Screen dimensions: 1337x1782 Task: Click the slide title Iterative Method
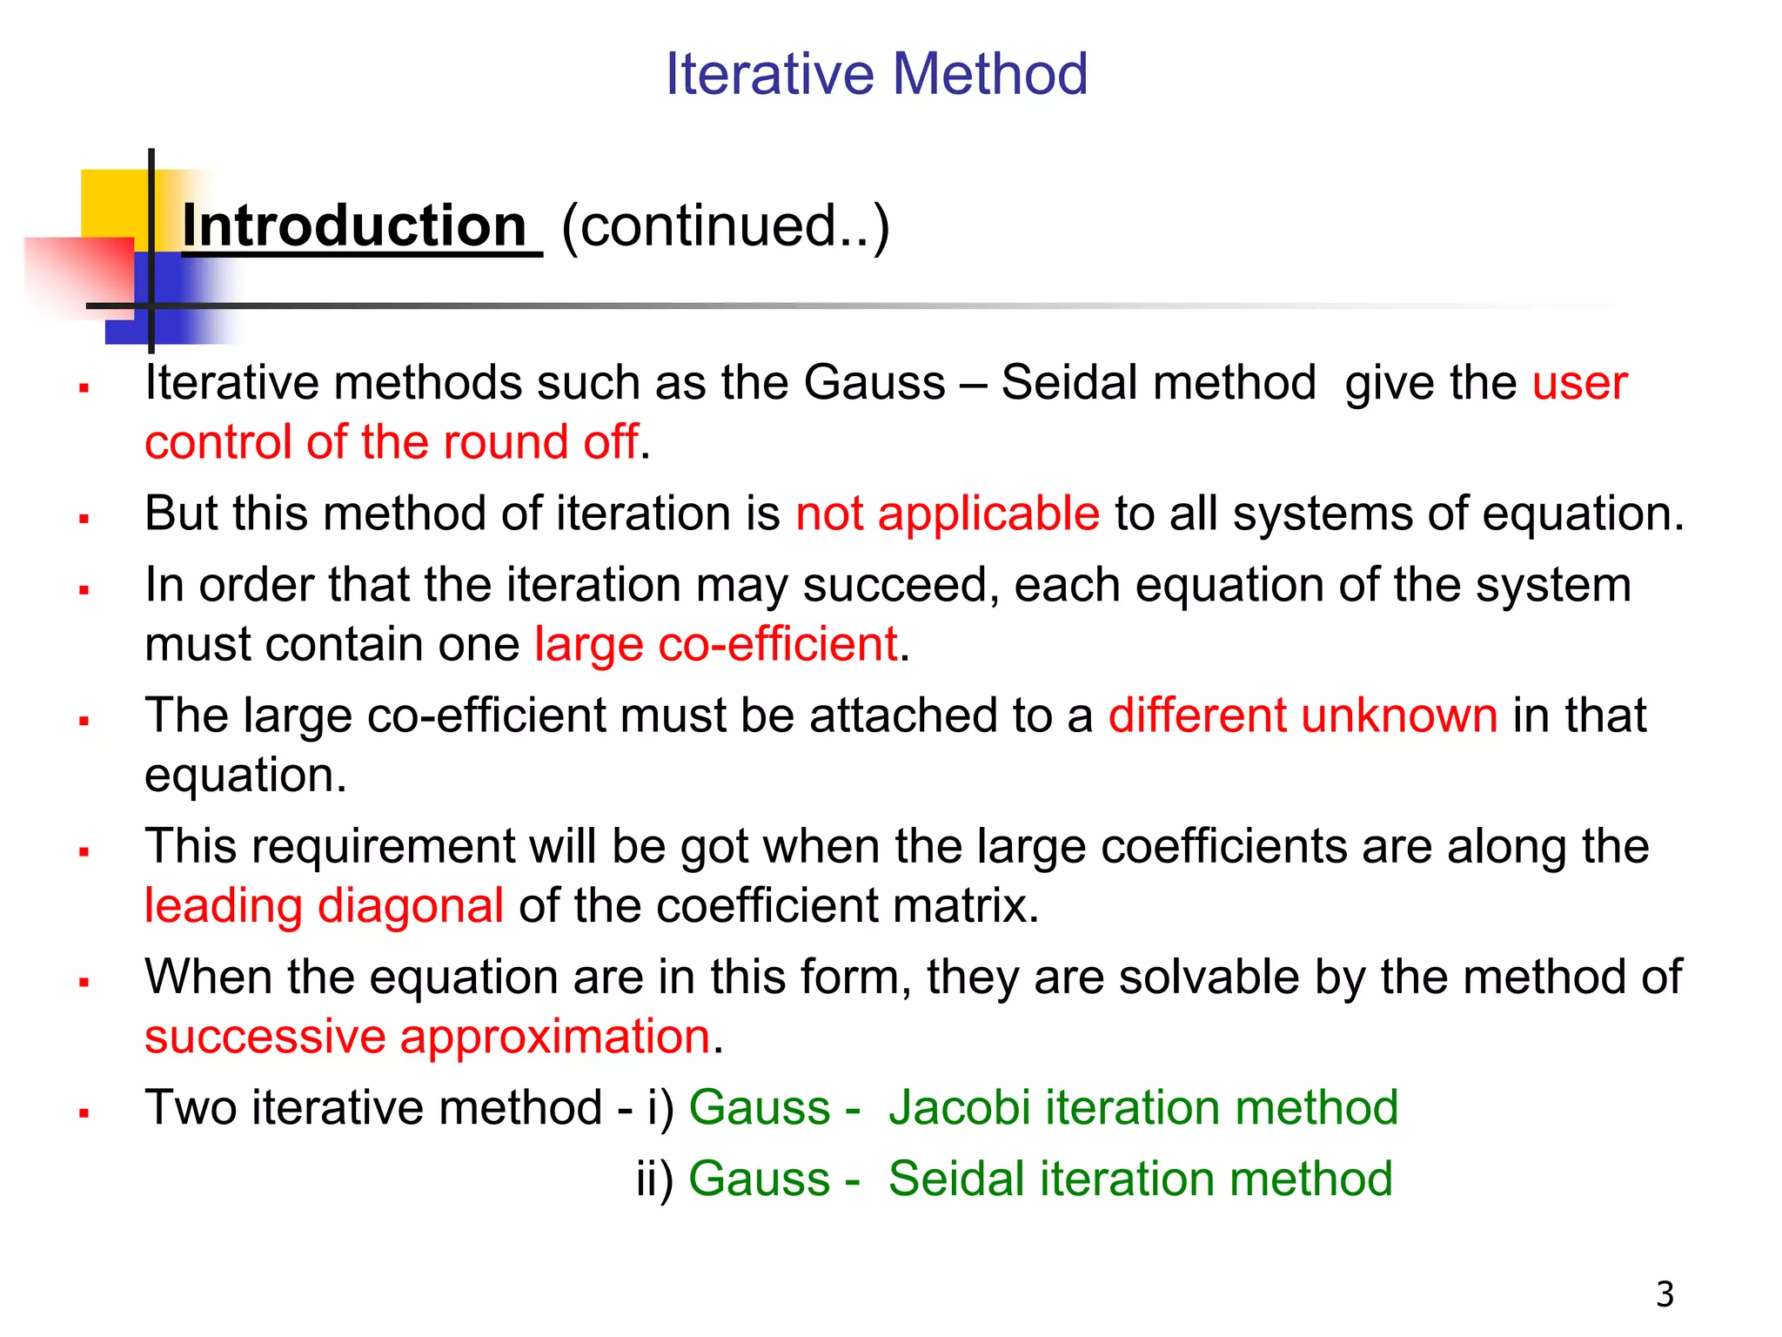(876, 74)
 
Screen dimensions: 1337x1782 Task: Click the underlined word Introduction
(355, 226)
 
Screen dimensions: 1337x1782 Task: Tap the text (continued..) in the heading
(726, 226)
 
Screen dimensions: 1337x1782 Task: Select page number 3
(1665, 1294)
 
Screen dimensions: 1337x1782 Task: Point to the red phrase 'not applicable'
(948, 514)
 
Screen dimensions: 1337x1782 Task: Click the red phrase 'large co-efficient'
(715, 645)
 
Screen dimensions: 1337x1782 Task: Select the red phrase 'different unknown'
(1303, 716)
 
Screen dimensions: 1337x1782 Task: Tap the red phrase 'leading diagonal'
(324, 906)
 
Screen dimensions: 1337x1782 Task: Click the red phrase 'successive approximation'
(427, 1037)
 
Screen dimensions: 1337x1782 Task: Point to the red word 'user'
(1579, 383)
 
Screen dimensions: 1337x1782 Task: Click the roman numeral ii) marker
(654, 1180)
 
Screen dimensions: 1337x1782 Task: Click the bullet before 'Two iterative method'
(84, 1112)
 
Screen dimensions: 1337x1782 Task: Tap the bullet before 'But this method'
(84, 519)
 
